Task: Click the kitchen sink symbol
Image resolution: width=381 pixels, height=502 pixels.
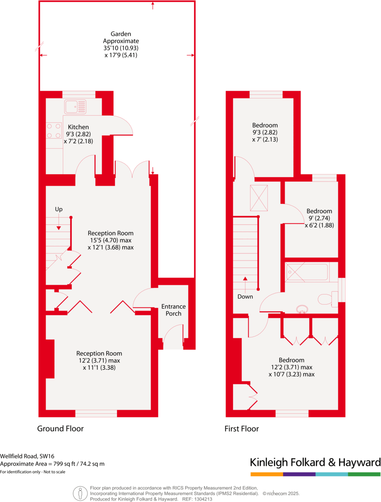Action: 76,106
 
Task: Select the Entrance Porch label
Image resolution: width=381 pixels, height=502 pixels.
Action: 173,310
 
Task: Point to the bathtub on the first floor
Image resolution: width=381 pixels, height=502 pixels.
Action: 307,272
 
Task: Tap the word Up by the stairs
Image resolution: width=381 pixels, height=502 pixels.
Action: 59,209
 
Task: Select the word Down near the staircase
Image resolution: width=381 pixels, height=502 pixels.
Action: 245,297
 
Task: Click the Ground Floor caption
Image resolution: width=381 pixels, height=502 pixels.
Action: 60,428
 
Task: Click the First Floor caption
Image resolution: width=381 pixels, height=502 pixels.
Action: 241,428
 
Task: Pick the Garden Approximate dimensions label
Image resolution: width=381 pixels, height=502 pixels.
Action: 114,44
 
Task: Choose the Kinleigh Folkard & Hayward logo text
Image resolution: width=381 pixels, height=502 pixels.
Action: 315,462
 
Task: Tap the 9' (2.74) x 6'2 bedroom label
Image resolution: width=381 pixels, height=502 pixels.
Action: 319,218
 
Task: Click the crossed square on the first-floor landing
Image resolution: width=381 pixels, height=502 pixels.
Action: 259,198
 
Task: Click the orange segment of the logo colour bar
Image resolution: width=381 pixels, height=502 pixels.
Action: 267,474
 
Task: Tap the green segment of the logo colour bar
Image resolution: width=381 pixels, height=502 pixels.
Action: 364,474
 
